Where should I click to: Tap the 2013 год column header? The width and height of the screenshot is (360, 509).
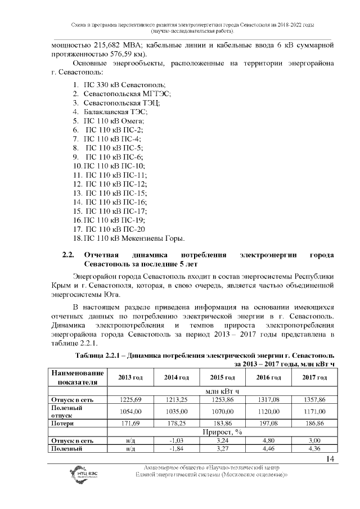coord(130,376)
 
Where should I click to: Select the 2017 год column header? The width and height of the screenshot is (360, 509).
coord(314,376)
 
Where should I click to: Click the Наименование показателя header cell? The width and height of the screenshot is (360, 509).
coord(78,377)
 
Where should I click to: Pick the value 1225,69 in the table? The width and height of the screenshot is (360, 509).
coord(130,399)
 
